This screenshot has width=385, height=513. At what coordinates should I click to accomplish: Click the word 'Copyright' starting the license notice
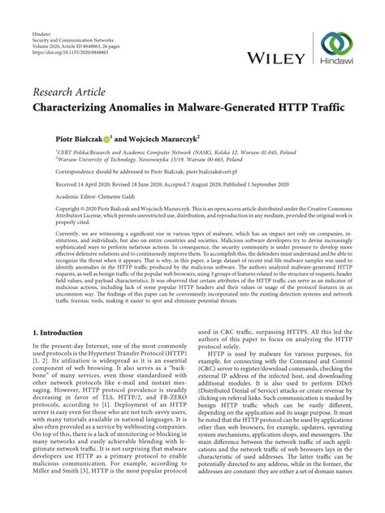pyautogui.click(x=48, y=209)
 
